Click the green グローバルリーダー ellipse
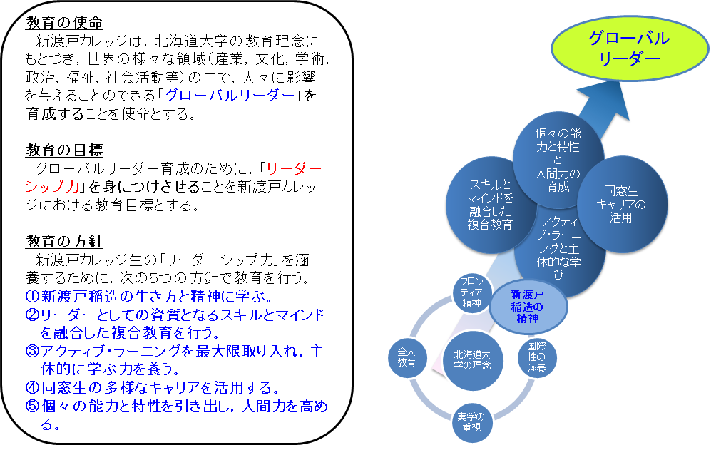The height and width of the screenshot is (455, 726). tap(630, 48)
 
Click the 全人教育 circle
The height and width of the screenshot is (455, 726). tap(407, 357)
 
